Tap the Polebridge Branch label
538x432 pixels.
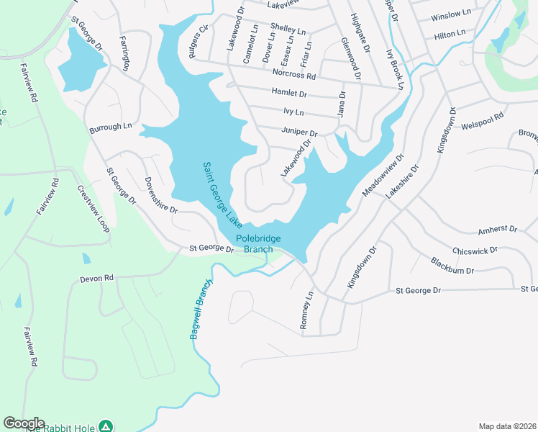[x=258, y=244]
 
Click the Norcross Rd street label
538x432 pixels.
[x=294, y=74]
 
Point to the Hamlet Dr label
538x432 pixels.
[x=289, y=93]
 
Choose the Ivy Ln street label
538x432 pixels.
[x=294, y=112]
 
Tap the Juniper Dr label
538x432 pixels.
[x=299, y=132]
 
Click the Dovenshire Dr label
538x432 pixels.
[x=160, y=194]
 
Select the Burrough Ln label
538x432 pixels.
[x=111, y=127]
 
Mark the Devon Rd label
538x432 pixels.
[x=97, y=278]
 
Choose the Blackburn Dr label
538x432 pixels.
[x=452, y=266]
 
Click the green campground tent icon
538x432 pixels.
[x=106, y=426]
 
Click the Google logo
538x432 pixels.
[x=24, y=423]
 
